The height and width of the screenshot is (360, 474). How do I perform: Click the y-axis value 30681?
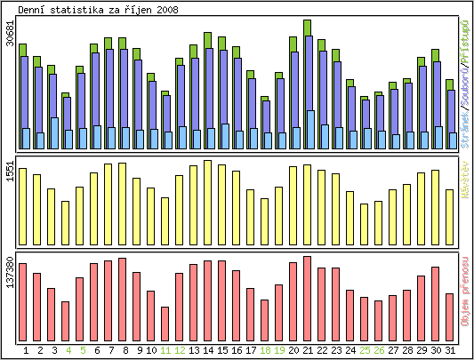click(10, 33)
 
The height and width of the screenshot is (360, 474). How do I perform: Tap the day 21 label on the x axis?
click(308, 350)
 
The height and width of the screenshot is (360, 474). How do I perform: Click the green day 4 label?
click(68, 350)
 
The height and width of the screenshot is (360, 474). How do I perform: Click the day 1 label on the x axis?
click(26, 350)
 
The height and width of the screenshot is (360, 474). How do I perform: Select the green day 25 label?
click(365, 350)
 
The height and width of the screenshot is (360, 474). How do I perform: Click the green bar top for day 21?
click(308, 27)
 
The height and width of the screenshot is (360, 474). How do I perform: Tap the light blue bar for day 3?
click(54, 133)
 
